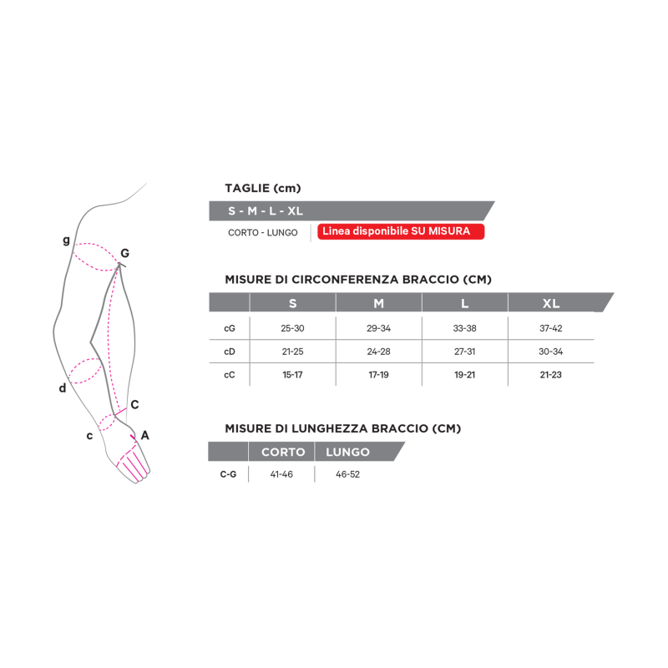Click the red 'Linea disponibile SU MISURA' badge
[x=400, y=231]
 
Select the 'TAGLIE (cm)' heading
[x=262, y=188]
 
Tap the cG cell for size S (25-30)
[x=292, y=328]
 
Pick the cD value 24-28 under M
[x=378, y=352]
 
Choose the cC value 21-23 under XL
[x=550, y=374]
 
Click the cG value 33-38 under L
[x=464, y=328]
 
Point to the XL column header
[x=551, y=303]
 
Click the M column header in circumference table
[x=378, y=303]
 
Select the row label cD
[x=230, y=352]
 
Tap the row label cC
[x=230, y=374]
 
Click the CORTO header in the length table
[x=282, y=452]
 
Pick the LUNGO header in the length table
[x=347, y=452]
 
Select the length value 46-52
[x=347, y=474]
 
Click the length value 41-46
[x=282, y=474]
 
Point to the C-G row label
[x=228, y=474]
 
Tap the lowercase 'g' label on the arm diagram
[x=67, y=240]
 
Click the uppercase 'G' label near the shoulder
[x=124, y=253]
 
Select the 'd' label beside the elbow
[x=62, y=388]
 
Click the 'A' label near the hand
[x=145, y=435]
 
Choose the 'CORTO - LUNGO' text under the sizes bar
[x=263, y=232]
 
